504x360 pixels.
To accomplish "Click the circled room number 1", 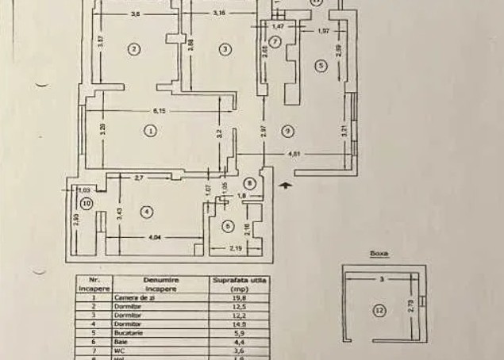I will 149,131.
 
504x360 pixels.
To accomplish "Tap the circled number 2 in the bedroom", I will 135,49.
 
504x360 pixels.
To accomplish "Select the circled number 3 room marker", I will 225,49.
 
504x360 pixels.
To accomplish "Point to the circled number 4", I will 146,212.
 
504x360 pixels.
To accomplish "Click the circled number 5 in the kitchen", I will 320,66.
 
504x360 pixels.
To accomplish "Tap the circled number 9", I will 287,131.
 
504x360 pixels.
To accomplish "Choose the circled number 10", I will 87,204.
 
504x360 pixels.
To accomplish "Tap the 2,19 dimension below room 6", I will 235,250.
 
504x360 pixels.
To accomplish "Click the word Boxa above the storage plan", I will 379,255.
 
